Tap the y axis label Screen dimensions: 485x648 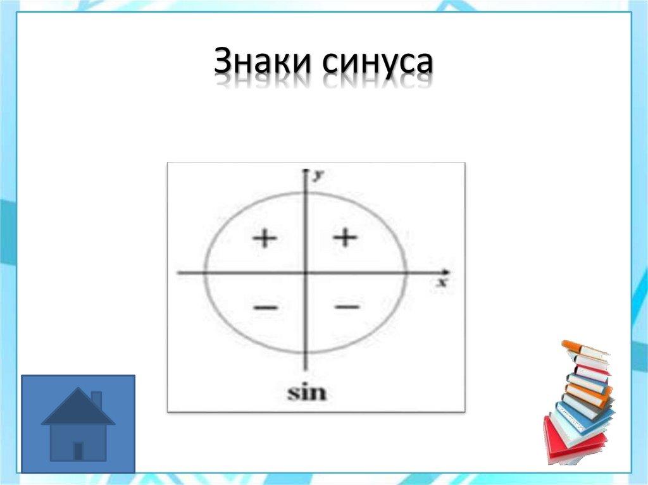click(318, 176)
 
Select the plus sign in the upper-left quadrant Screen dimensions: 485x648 click(265, 238)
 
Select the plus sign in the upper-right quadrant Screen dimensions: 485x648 click(346, 238)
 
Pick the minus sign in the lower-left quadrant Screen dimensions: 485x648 click(265, 308)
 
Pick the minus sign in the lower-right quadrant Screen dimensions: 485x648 click(347, 307)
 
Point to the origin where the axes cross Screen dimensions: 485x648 click(306, 273)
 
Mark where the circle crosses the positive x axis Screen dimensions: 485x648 click(406, 273)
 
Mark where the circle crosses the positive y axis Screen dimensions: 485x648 click(306, 192)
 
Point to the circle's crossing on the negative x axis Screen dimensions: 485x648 click(204, 273)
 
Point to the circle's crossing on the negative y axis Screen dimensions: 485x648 click(306, 353)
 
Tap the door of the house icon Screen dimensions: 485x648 click(78, 451)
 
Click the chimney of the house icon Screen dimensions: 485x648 click(96, 400)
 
